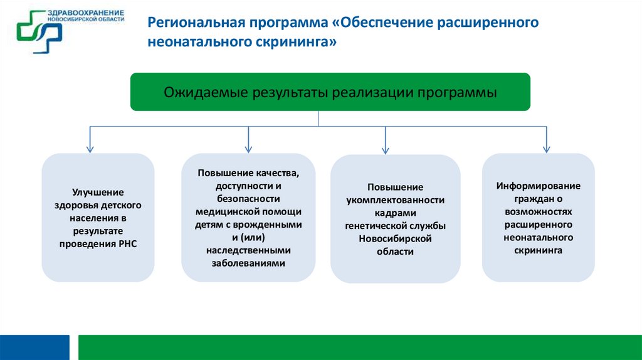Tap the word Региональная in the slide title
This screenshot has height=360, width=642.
[191, 23]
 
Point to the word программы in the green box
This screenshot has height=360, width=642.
[461, 92]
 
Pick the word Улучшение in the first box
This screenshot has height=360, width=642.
[98, 192]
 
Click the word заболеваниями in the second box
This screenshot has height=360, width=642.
[248, 263]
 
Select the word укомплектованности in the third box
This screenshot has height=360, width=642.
[396, 200]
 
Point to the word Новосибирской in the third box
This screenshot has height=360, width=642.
[396, 238]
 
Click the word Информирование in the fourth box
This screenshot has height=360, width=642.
[539, 186]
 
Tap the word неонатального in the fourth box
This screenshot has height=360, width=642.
[539, 238]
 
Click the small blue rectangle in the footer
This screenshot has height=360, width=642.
[34, 347]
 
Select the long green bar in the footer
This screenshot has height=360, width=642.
[360, 347]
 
